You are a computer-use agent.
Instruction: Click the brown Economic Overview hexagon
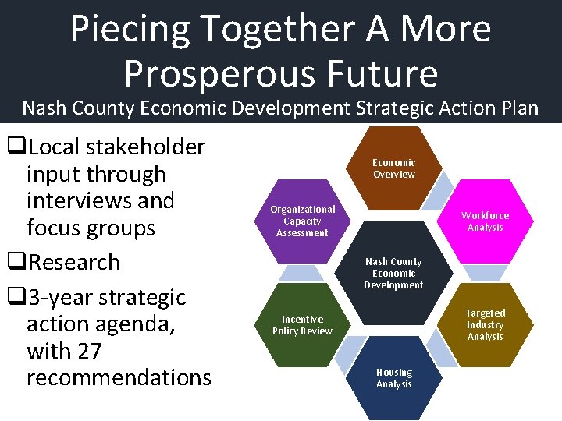[x=394, y=168]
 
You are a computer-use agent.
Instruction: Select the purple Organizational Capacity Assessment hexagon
[x=303, y=221]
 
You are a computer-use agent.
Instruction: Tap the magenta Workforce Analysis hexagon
[x=485, y=221]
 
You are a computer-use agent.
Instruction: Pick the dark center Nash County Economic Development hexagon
[x=394, y=274]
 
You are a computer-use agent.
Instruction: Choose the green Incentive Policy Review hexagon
[x=302, y=325]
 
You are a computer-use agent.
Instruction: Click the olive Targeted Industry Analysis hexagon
[x=485, y=324]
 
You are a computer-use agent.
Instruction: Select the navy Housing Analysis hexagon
[x=394, y=378]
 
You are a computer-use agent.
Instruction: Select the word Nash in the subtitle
[x=47, y=108]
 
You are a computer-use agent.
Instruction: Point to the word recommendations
[x=119, y=377]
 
